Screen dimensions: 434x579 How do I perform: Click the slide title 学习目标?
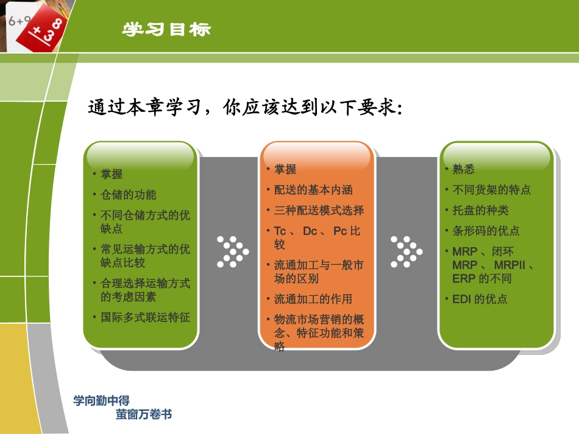(x=167, y=30)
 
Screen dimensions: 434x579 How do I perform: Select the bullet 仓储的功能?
(x=128, y=195)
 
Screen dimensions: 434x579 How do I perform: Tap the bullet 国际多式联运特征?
(x=145, y=317)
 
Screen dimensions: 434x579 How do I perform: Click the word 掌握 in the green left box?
(x=112, y=174)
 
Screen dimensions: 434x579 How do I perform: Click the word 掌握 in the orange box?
(x=285, y=169)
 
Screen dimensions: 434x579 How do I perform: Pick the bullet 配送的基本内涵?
(x=313, y=190)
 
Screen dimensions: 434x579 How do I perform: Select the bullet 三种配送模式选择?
(x=319, y=211)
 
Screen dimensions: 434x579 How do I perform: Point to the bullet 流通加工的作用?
(x=313, y=299)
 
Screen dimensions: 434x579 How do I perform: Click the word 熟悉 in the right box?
(x=463, y=169)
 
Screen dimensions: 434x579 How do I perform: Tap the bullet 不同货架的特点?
(x=491, y=190)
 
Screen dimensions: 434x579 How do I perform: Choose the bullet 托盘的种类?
(x=480, y=211)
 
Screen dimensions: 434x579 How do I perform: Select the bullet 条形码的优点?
(x=486, y=231)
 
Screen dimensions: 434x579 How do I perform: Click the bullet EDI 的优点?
(x=480, y=299)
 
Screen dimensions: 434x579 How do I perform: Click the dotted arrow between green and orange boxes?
(x=232, y=251)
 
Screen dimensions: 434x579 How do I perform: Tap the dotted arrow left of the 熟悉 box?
(x=406, y=251)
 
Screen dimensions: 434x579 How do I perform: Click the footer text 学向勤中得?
(x=101, y=401)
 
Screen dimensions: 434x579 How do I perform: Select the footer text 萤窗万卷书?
(x=144, y=415)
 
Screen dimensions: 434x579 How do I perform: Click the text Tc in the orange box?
(x=280, y=231)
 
